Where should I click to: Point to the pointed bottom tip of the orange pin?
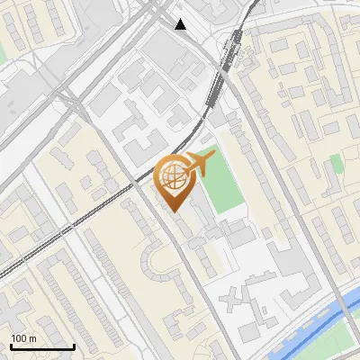pyautogui.click(x=174, y=211)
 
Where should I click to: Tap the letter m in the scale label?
pyautogui.click(x=33, y=338)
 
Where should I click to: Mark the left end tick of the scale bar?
pyautogui.click(x=11, y=346)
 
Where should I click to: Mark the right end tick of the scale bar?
pyautogui.click(x=74, y=346)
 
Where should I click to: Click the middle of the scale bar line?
pyautogui.click(x=42, y=347)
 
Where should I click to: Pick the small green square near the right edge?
pyautogui.click(x=336, y=163)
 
